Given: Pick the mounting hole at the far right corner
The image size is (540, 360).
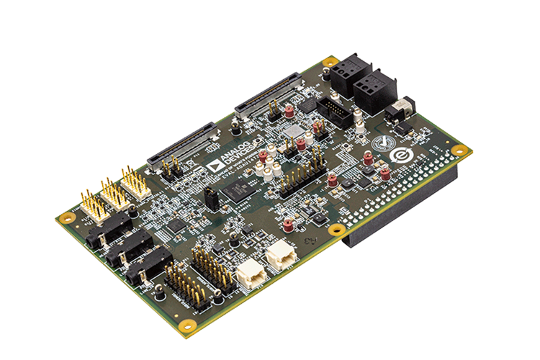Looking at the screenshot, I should pyautogui.click(x=459, y=150).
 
